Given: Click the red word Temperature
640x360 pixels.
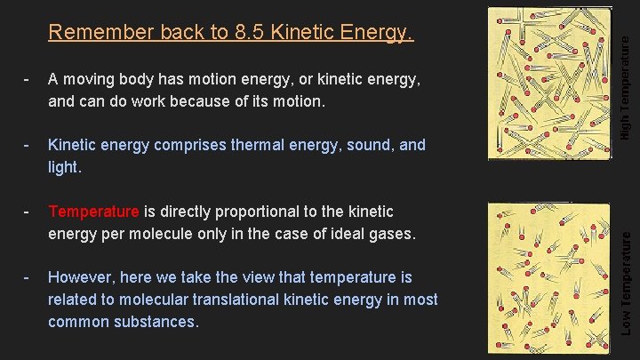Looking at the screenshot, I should [x=93, y=212].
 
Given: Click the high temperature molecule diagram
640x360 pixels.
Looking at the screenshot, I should [x=551, y=82].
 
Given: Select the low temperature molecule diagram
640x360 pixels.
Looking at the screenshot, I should [x=551, y=273].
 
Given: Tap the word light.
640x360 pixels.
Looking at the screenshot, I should [x=64, y=166].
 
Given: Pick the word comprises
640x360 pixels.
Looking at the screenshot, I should [x=165, y=144].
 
